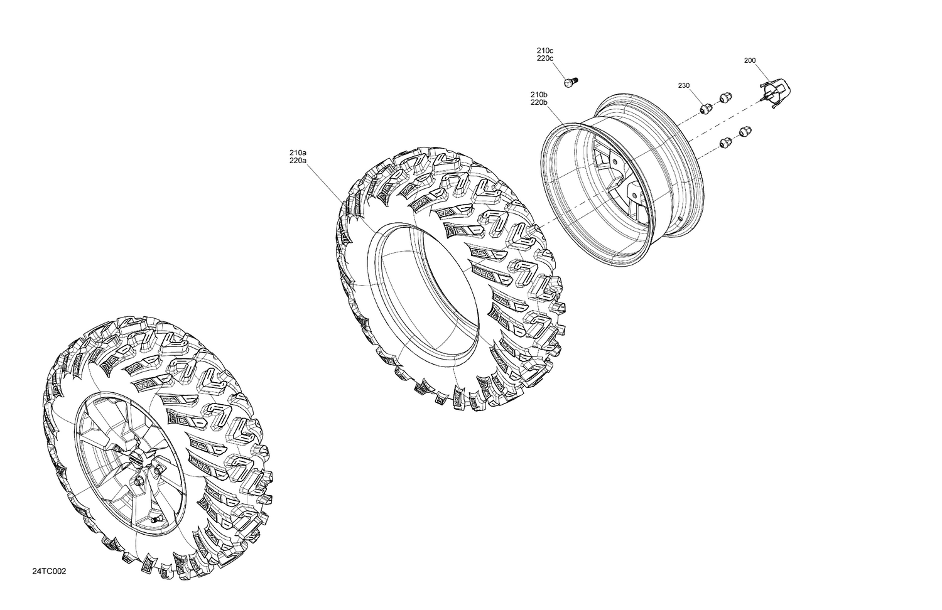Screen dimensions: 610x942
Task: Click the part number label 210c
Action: click(x=544, y=50)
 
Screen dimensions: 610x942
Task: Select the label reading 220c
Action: click(x=544, y=58)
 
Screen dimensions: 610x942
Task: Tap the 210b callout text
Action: click(x=539, y=94)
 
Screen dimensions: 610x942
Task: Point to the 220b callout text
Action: click(x=539, y=102)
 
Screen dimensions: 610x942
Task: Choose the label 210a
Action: click(x=298, y=152)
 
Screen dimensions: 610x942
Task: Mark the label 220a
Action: click(x=298, y=161)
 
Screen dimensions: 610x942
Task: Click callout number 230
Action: click(x=684, y=85)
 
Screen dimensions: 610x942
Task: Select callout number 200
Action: click(x=749, y=61)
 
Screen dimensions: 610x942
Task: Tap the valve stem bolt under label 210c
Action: click(x=570, y=82)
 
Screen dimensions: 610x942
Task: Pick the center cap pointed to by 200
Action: click(x=776, y=92)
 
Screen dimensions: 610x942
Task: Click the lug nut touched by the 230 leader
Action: click(x=705, y=108)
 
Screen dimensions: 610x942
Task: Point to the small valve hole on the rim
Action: click(x=680, y=218)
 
